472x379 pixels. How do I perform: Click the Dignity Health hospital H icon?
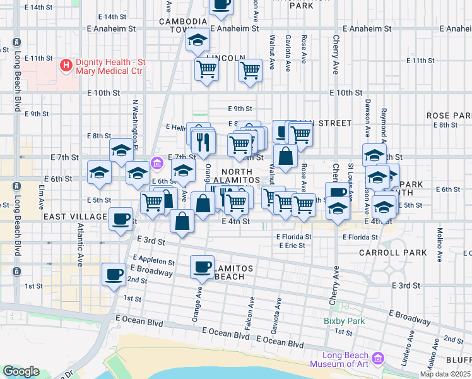[x=65, y=66]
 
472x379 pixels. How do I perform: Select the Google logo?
[x=21, y=371]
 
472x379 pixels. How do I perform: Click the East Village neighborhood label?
[x=76, y=217]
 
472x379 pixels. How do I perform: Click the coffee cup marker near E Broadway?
[x=114, y=275]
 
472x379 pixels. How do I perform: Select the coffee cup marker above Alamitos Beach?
[x=202, y=266]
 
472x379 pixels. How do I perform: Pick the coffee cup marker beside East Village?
[x=121, y=219]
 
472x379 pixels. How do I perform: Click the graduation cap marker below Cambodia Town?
[x=198, y=41]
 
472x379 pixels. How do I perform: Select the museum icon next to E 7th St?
[x=157, y=164]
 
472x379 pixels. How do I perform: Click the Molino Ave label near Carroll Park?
[x=439, y=239]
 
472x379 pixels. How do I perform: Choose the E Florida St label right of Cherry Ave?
[x=360, y=238]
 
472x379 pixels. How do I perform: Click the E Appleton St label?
[x=154, y=260]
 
